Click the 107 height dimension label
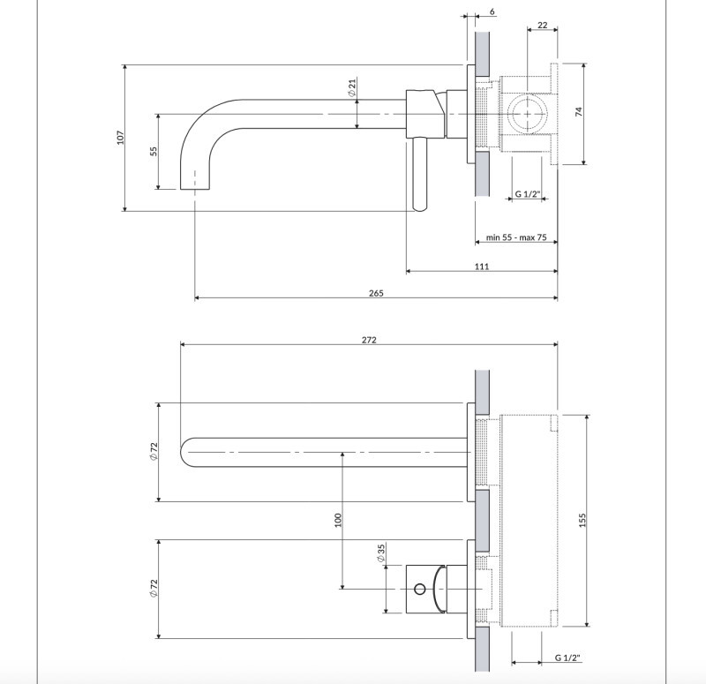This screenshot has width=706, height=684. tap(121, 137)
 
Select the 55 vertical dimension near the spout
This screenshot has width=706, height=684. tap(153, 151)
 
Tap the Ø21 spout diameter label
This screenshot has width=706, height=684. tap(351, 87)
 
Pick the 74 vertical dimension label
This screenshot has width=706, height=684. tap(579, 112)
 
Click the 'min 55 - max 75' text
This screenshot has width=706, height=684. tap(516, 238)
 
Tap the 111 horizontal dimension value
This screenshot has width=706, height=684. tap(482, 267)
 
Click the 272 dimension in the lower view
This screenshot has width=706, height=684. tap(368, 341)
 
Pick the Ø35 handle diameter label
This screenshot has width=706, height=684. tap(380, 553)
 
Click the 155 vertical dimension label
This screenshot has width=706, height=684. tap(582, 521)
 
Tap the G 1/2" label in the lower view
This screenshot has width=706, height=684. tap(567, 658)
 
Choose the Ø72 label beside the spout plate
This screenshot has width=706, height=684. tap(154, 452)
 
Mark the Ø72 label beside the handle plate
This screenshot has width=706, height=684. tap(154, 589)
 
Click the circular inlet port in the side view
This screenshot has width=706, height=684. tap(527, 114)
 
